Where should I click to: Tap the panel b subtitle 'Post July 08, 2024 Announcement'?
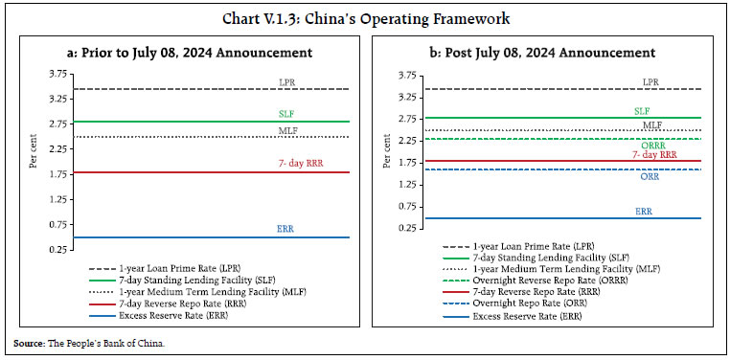[x=546, y=53]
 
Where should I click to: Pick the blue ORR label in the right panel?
[x=650, y=176]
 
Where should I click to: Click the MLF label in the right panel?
[x=652, y=124]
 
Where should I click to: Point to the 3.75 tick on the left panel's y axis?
[x=55, y=75]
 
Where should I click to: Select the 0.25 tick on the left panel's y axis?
[x=55, y=250]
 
